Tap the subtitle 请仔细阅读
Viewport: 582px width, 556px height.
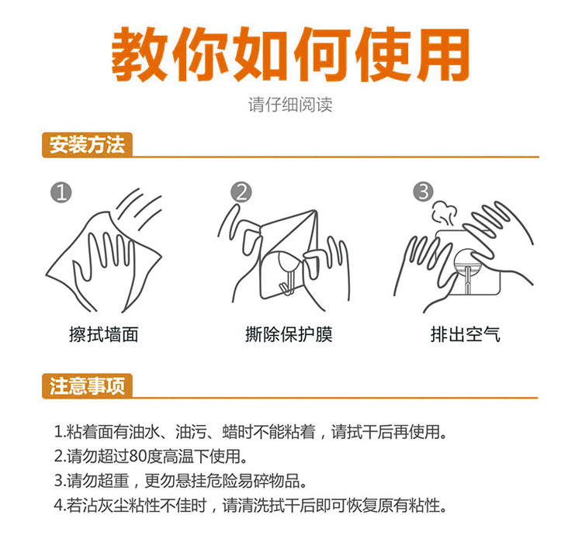tap(290, 105)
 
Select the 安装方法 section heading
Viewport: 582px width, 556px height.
tap(87, 145)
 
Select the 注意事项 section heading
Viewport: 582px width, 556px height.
tap(87, 386)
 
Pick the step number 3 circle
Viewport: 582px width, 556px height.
tap(423, 192)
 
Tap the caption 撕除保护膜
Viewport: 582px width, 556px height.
tap(289, 335)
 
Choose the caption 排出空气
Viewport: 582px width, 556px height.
tap(466, 335)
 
